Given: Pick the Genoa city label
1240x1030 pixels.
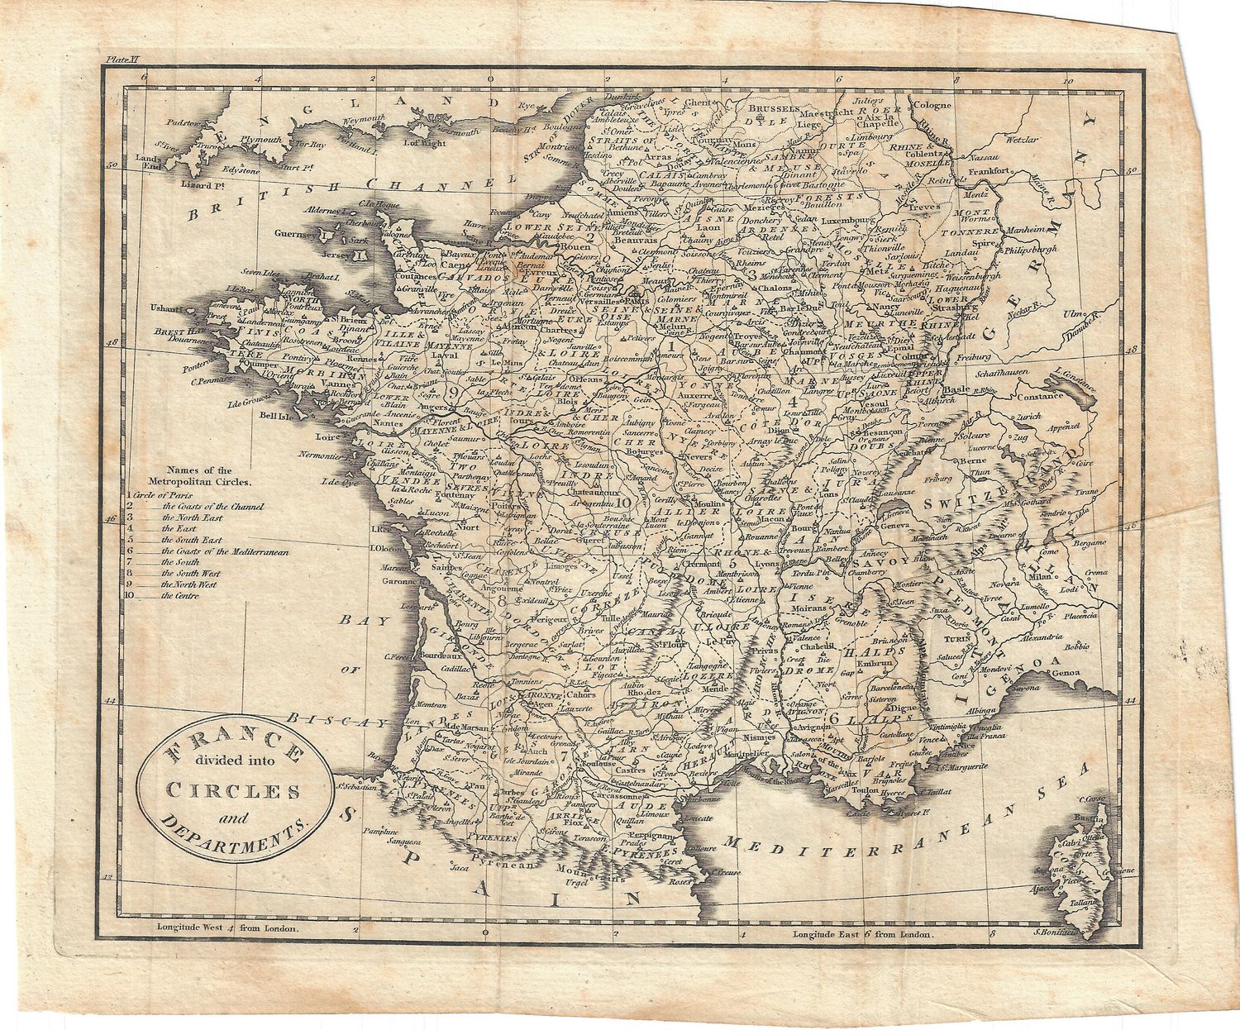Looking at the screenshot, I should pyautogui.click(x=1066, y=674).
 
